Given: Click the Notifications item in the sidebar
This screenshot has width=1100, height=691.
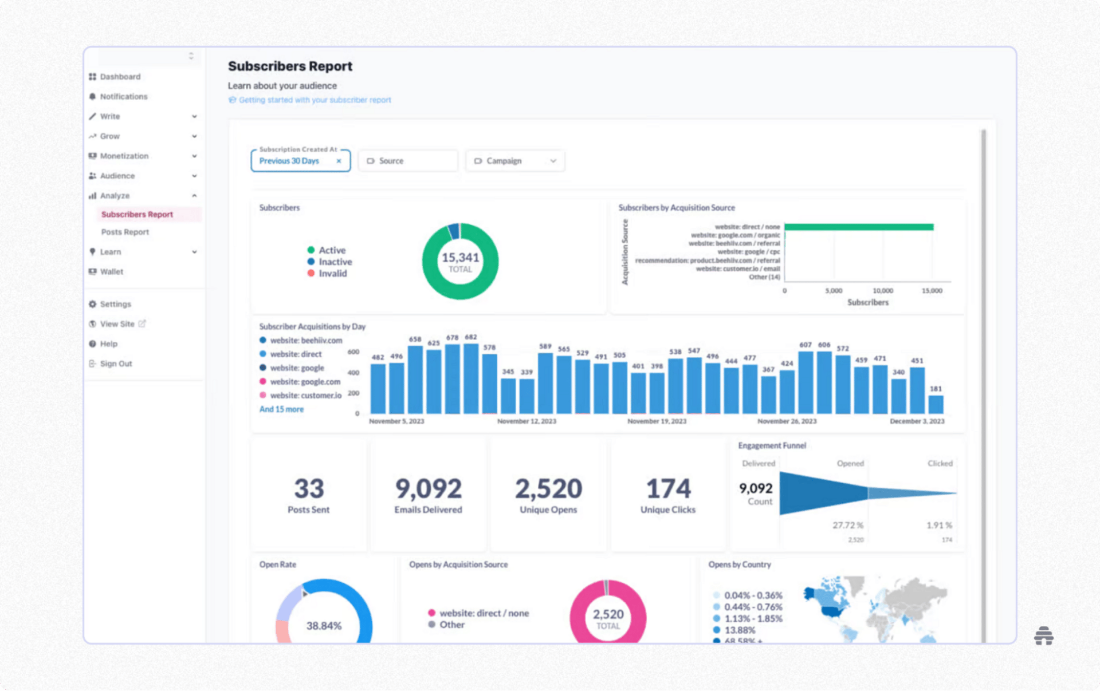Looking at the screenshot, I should [x=123, y=97].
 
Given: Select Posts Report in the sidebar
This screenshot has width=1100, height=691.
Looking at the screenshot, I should [x=125, y=232].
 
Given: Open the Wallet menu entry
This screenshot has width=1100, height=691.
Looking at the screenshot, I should [x=111, y=272].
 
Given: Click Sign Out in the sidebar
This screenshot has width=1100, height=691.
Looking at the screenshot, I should [x=116, y=364].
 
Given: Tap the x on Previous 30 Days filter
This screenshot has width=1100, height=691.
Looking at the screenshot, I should [x=339, y=161].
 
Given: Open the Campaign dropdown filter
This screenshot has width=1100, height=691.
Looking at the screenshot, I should [x=514, y=161].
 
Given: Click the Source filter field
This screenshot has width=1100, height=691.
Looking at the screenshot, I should [x=408, y=161].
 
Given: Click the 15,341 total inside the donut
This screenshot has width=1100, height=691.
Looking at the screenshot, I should [x=460, y=258].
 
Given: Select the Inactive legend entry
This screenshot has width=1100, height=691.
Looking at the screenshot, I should [x=335, y=262].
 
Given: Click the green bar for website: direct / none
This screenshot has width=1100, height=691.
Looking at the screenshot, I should [x=858, y=227].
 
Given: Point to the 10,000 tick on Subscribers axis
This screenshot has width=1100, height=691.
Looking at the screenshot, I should [x=882, y=291].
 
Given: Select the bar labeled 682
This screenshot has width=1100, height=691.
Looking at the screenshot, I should [x=471, y=378].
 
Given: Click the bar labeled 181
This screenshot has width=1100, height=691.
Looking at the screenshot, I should [x=936, y=404].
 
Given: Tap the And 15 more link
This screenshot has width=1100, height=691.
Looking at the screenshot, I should [x=281, y=409].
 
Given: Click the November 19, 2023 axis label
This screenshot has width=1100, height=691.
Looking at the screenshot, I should [x=657, y=421].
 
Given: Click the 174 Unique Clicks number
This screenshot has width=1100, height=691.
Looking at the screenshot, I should [x=668, y=489].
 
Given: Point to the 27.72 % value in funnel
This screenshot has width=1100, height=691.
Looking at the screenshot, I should [x=847, y=525].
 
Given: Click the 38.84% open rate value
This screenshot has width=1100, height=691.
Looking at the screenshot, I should [x=324, y=626].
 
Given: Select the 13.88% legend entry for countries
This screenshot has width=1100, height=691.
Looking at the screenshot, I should [x=740, y=630].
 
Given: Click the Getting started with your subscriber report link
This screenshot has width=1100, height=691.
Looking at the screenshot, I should [x=315, y=100].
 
